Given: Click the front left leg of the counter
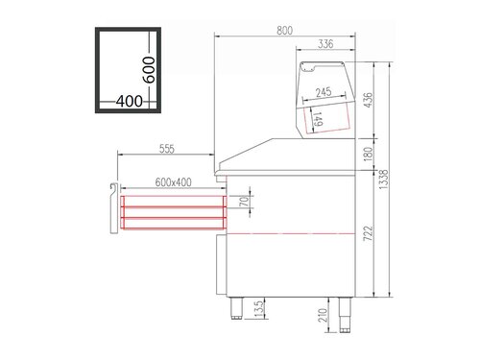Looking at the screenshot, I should coord(236,309).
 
